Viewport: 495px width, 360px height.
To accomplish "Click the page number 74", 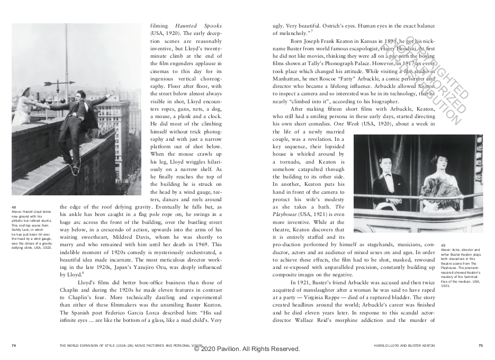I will coord(13,345).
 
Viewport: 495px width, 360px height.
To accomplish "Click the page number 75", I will coord(480,345).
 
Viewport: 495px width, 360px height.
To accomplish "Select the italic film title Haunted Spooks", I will coord(199,26).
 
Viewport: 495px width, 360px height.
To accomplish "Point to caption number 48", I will coord(14,206).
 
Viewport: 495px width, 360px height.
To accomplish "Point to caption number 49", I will coord(443,245).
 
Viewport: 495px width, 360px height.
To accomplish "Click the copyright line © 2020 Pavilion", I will coord(247,349).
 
